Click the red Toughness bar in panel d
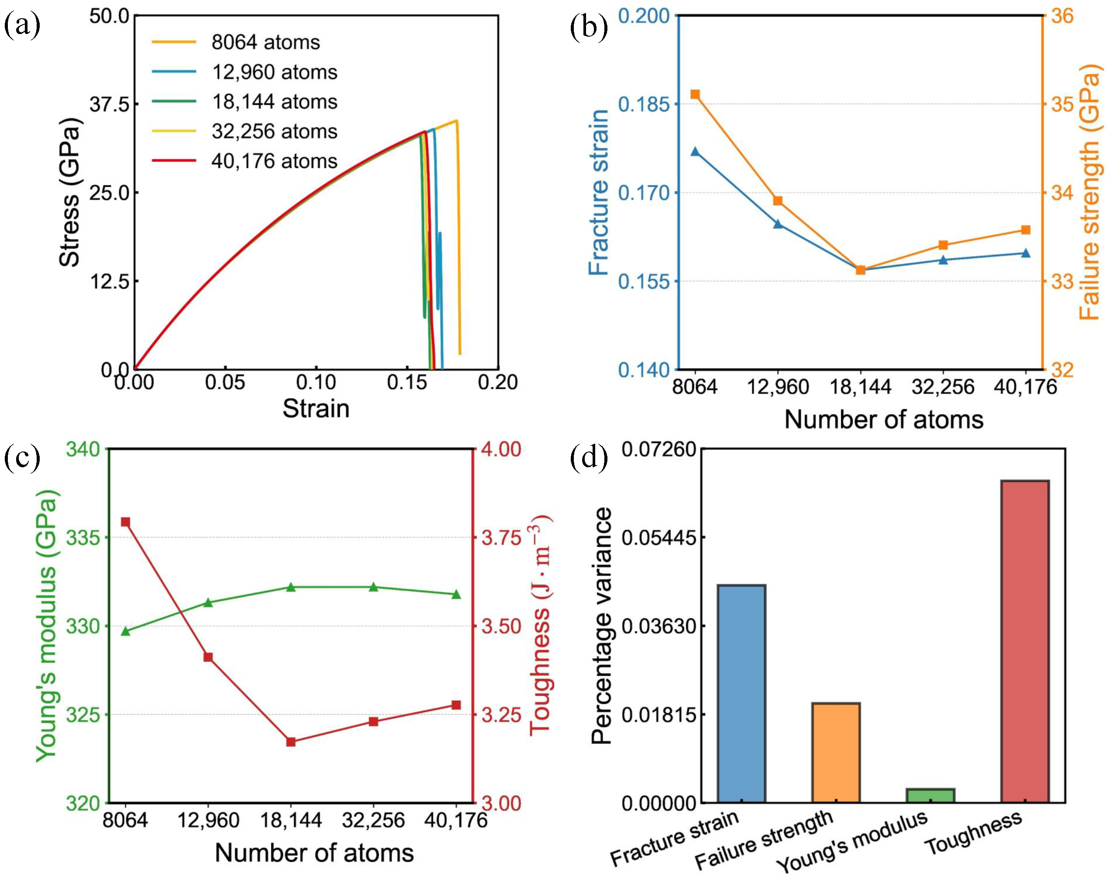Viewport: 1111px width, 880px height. [1025, 641]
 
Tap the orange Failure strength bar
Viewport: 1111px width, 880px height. [836, 752]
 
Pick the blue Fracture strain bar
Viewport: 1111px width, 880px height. [741, 694]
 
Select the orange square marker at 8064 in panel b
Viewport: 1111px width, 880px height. [695, 94]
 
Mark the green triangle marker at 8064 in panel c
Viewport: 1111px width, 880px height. [125, 631]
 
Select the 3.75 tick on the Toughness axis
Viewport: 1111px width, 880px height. [501, 538]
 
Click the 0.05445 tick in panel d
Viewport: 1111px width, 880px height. [658, 538]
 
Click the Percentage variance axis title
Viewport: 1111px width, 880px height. [601, 626]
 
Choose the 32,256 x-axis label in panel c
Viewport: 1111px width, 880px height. [373, 820]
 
